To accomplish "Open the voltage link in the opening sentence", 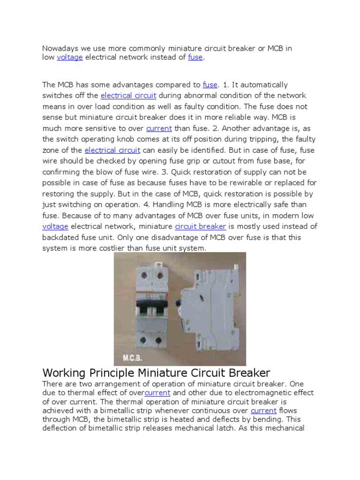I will [69, 57].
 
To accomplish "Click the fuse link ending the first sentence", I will [195, 57].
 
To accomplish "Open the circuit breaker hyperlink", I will [201, 227].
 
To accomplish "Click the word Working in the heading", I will [64, 373].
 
